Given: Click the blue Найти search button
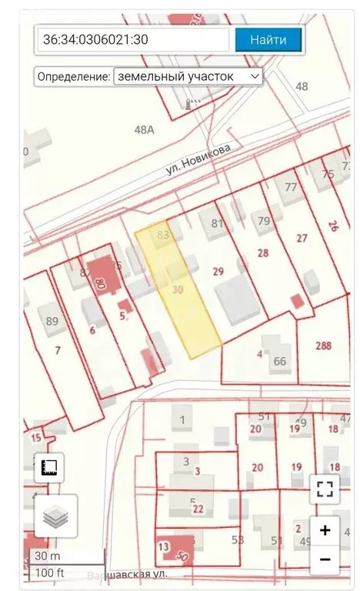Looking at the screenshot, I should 268,40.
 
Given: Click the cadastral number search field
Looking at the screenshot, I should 133,40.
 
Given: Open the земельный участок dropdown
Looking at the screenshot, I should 188,77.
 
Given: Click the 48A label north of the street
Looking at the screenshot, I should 144,130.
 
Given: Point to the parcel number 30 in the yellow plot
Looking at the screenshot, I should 178,289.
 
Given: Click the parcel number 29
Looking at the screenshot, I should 218,271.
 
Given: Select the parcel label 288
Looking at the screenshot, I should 323,346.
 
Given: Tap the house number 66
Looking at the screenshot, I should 280,361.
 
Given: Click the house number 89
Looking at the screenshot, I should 52,321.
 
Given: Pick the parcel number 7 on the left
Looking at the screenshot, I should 57,351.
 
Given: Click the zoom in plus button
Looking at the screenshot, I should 325,529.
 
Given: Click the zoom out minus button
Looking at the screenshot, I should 325,559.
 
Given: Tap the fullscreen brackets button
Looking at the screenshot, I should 325,488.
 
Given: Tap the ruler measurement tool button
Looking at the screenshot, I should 49,467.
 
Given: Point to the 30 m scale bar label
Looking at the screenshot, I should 43,556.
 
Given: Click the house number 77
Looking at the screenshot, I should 290,187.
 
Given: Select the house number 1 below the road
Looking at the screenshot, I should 182,419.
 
